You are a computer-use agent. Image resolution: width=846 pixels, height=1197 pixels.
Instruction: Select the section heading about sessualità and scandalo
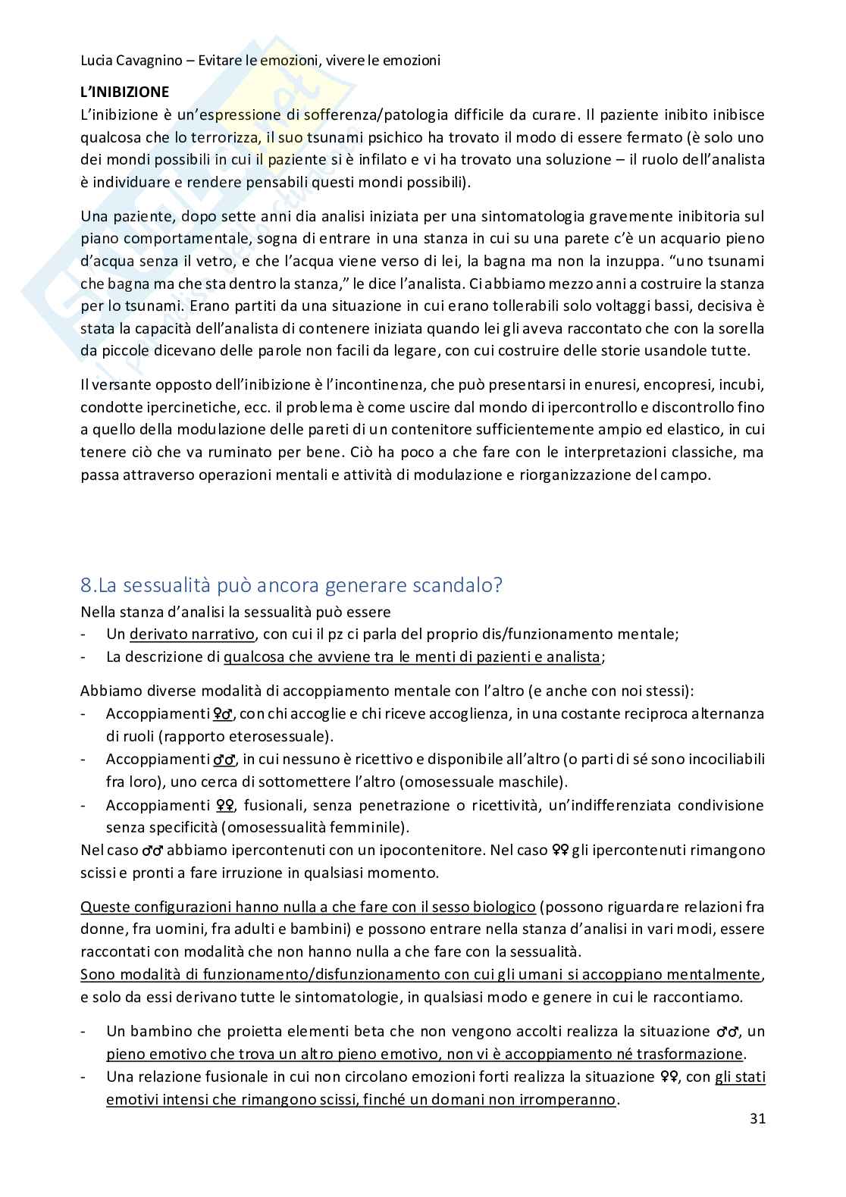[x=291, y=585]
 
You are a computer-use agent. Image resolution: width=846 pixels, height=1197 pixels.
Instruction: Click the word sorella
[x=742, y=329]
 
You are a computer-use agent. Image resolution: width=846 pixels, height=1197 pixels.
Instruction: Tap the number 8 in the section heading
[x=86, y=585]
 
